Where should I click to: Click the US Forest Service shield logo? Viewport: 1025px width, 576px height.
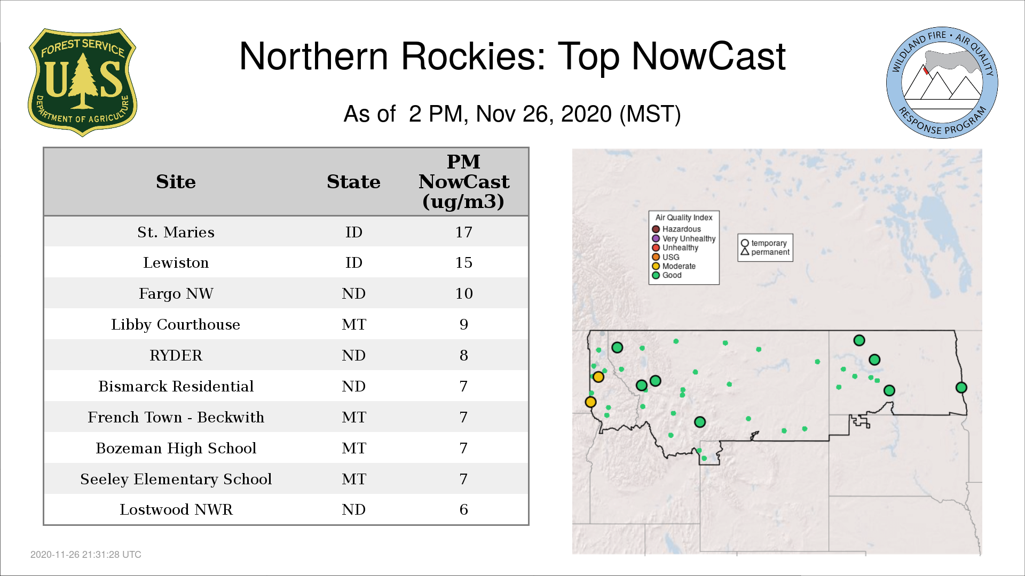coord(82,83)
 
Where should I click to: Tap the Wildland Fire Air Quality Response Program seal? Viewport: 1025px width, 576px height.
coord(942,83)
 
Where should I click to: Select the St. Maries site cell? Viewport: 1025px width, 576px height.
coord(176,232)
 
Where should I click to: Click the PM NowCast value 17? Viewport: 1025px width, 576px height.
coord(463,232)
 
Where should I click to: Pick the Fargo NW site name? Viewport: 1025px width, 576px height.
coord(176,294)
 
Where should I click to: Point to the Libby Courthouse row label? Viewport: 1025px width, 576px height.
coord(176,325)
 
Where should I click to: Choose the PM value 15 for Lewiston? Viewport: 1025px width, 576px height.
coord(463,263)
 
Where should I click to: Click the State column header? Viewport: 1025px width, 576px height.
coord(353,182)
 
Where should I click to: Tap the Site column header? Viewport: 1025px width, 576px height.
coord(176,182)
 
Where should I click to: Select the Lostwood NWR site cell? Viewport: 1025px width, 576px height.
coord(176,510)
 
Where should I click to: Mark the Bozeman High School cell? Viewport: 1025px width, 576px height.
coord(176,449)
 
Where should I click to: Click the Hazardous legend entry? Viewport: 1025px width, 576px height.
coord(676,229)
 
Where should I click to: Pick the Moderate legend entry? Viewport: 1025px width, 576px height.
coord(674,266)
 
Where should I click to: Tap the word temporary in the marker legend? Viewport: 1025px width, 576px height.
coord(769,243)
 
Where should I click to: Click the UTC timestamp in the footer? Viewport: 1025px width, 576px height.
coord(86,555)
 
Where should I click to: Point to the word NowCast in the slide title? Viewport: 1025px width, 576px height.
coord(708,57)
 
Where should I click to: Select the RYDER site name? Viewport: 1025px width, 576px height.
coord(176,356)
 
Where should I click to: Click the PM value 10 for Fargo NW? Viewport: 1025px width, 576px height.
coord(463,294)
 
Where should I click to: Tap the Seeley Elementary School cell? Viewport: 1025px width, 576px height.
coord(176,479)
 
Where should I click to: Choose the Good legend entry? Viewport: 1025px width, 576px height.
coord(667,275)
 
